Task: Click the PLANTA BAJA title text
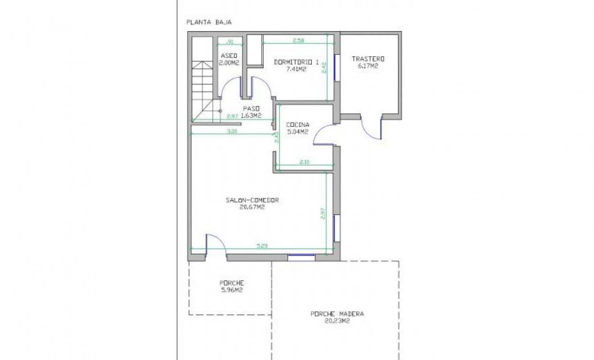tap(209, 22)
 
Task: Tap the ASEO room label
tap(229, 56)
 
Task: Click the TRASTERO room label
tap(368, 59)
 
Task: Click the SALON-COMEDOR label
tap(252, 200)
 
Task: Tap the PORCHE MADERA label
tap(337, 314)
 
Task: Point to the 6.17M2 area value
tap(368, 66)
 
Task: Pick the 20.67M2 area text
tap(252, 207)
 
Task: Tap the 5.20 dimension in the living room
tap(262, 246)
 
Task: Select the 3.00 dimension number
tap(232, 131)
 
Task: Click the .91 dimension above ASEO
tap(229, 42)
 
